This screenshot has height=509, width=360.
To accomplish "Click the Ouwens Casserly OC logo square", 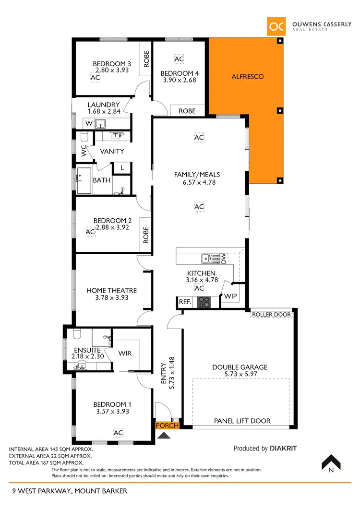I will pos(276,26).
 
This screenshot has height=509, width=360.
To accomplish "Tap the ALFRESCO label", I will pos(248,76).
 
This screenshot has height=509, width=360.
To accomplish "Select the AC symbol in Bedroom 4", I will pos(179,59).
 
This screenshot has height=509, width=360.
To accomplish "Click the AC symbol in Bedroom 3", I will pos(95,77).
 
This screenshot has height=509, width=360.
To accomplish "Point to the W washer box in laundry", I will pos(89,123).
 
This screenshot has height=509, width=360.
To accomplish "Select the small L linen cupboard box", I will pos(122,168).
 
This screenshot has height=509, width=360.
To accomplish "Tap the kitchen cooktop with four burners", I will pos(204,302).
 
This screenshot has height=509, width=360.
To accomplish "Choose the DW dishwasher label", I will pos(224,259).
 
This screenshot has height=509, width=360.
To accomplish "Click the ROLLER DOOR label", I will pos(271,315).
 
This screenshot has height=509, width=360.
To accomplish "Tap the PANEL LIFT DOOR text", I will pos(242,421).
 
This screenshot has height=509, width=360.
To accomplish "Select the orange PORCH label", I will pos(167,426).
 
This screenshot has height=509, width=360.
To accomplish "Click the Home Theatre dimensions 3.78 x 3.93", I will pos(111,297).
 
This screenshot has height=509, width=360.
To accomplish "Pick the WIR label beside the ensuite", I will pos(125,354).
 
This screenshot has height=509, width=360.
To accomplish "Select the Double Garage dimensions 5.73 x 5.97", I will pos(240,374).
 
